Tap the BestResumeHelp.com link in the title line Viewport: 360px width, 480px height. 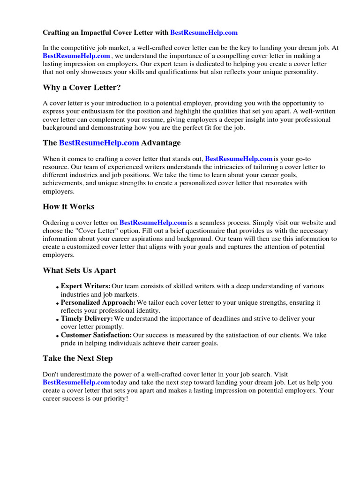(204, 33)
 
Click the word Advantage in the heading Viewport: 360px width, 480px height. (161, 142)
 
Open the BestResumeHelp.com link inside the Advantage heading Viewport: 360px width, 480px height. (99, 142)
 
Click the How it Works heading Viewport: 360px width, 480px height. (68, 206)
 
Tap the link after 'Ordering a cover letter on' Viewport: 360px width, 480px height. (153, 223)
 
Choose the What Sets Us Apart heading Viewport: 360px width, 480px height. (79, 270)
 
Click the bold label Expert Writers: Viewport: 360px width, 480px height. (86, 286)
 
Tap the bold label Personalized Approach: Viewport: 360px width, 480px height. (98, 302)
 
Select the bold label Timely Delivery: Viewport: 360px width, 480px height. (87, 318)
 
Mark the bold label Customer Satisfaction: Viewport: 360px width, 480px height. (96, 335)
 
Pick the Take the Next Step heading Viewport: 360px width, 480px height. (77, 359)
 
